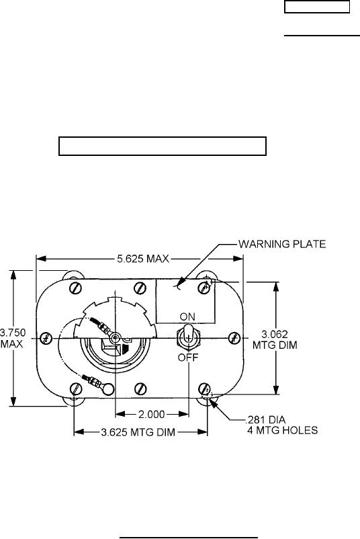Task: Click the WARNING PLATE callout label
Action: pyautogui.click(x=282, y=244)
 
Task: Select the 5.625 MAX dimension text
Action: pyautogui.click(x=143, y=259)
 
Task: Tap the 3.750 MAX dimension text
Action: pyautogui.click(x=13, y=338)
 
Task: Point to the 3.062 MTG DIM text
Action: pyautogui.click(x=275, y=339)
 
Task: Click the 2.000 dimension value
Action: pyautogui.click(x=152, y=415)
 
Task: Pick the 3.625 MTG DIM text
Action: pyautogui.click(x=138, y=432)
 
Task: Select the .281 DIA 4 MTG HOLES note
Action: pyautogui.click(x=281, y=425)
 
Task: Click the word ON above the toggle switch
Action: pyautogui.click(x=187, y=317)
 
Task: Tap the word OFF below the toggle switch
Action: pyautogui.click(x=188, y=358)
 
